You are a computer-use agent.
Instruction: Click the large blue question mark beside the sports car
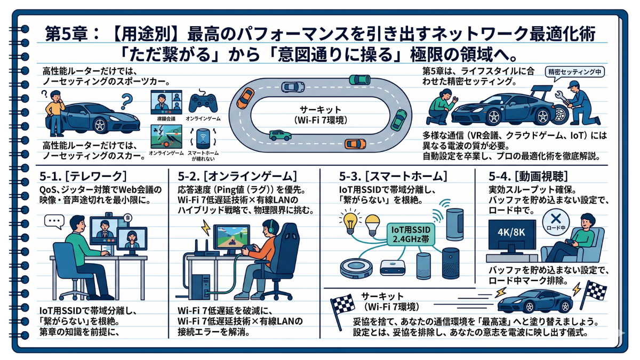tap(126, 100)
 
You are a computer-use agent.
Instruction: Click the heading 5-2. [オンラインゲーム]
tap(236, 176)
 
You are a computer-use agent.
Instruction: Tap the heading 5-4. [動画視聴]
tap(527, 176)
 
